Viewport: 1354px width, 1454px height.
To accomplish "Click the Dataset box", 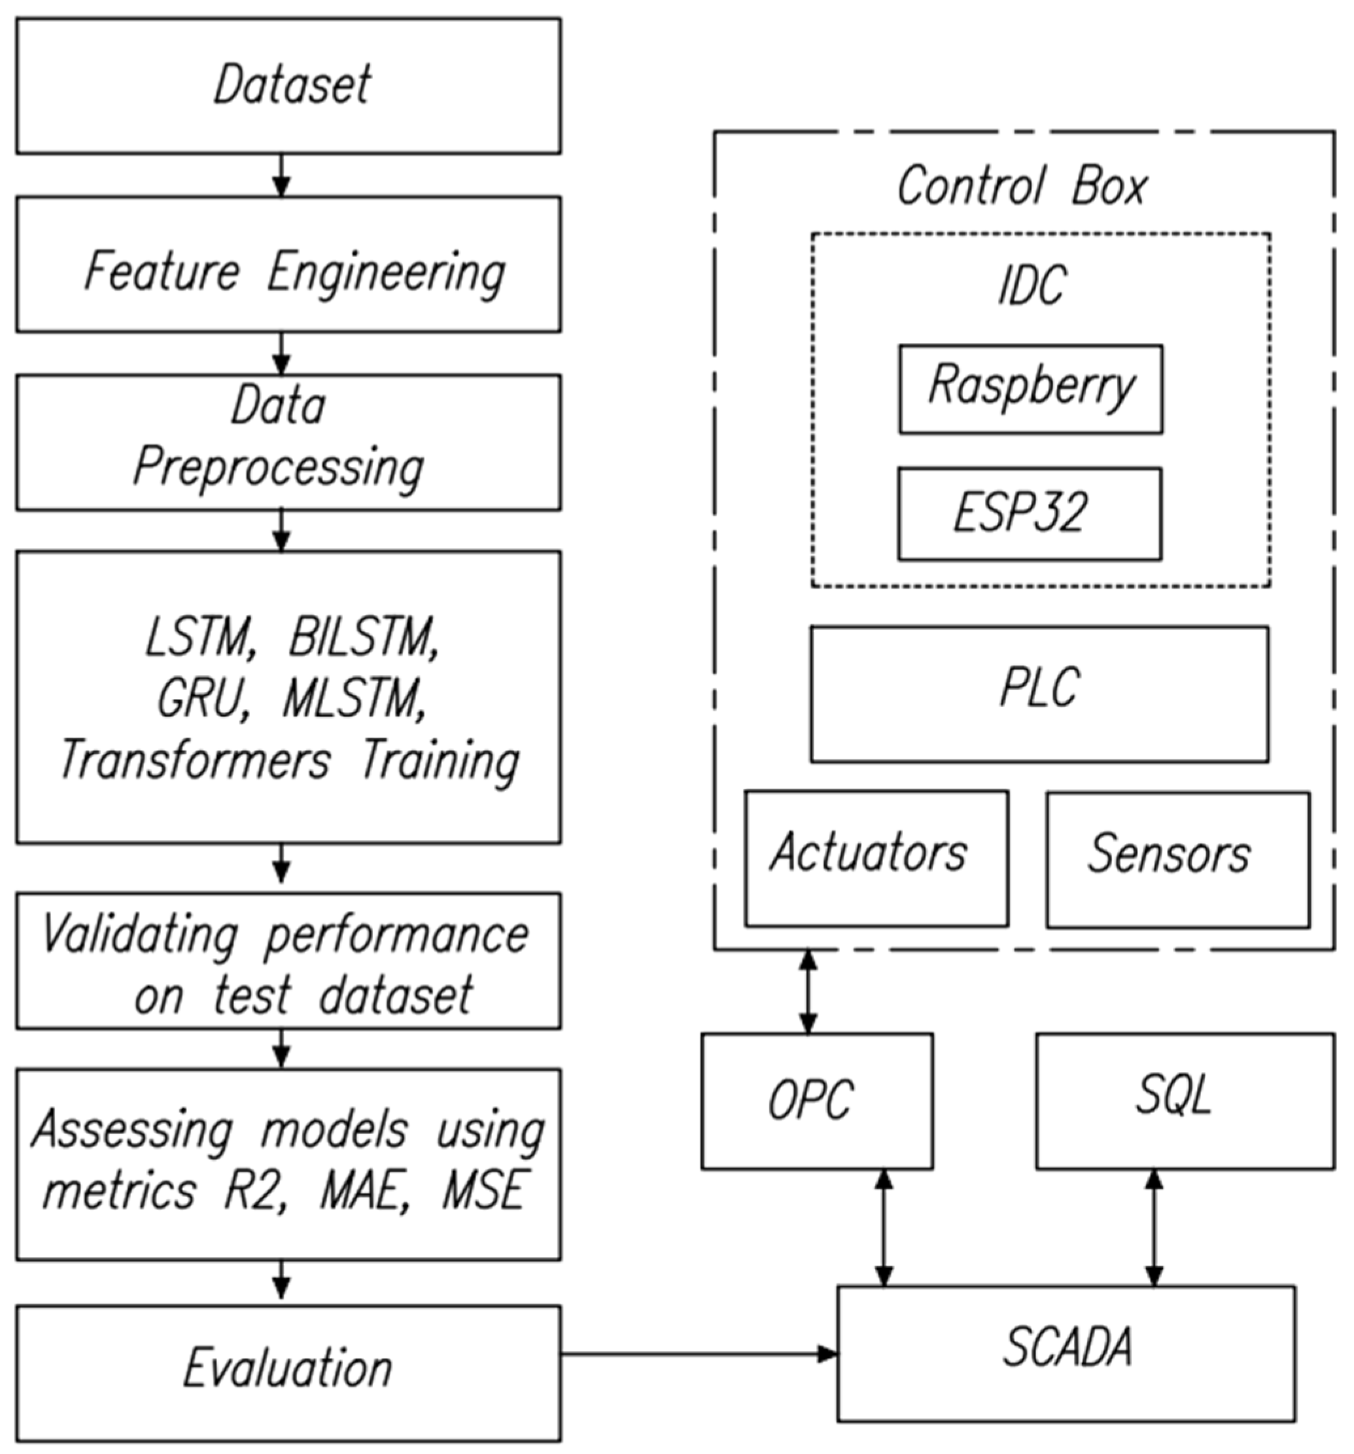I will coord(288,86).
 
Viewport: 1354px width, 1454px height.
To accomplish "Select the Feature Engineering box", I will coord(288,264).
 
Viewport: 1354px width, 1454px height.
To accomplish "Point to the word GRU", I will coord(198,700).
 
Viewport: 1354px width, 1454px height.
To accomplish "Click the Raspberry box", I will coord(1030,389).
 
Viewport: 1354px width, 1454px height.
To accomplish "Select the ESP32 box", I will coord(1030,514).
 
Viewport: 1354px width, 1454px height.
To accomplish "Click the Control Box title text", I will coord(1022,186).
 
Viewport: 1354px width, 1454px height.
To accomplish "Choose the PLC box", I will coord(1038,694).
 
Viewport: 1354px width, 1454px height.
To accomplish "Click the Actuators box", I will coord(876,859).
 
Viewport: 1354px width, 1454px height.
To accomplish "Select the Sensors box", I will coord(1177,860).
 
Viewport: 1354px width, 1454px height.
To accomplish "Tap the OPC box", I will coord(816,1101).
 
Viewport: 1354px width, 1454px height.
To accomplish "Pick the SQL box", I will coord(1185,1101).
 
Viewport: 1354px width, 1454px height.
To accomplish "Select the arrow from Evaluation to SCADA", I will coord(698,1354).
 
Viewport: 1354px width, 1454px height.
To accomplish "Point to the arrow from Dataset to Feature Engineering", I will coord(281,175).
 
